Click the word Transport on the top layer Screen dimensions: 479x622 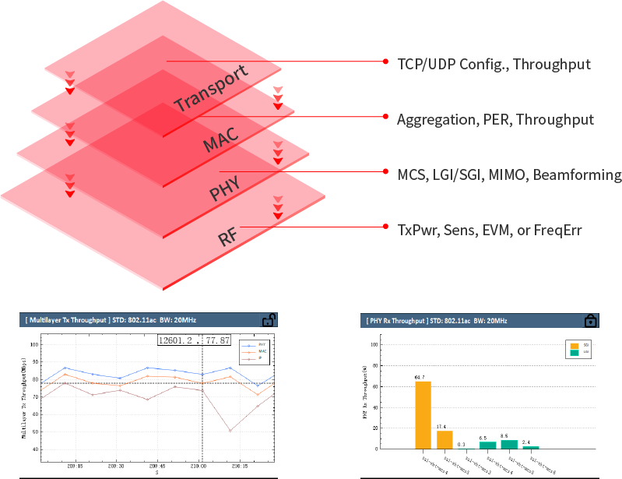pos(212,90)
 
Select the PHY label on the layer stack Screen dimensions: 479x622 pos(223,188)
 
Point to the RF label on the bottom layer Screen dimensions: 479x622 pos(227,236)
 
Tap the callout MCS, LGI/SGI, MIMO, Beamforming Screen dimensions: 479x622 pos(509,174)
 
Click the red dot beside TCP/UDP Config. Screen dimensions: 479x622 pos(386,61)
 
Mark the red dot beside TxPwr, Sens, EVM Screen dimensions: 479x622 pos(386,226)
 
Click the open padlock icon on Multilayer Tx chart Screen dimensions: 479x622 pos(268,320)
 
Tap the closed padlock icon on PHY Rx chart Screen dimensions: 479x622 pos(591,321)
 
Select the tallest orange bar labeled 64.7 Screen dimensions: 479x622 pos(423,414)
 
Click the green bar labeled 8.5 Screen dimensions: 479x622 pos(509,444)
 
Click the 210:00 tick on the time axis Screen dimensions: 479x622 pos(198,467)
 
